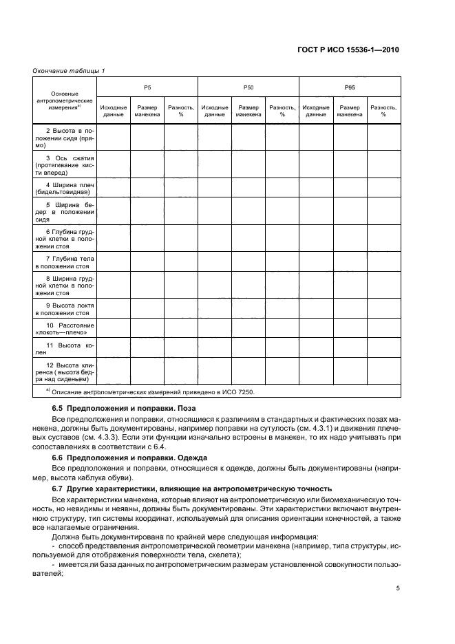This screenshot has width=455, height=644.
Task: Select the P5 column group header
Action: click(147, 88)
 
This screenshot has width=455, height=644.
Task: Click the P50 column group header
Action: click(248, 88)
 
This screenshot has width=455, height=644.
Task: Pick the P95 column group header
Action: click(350, 88)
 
